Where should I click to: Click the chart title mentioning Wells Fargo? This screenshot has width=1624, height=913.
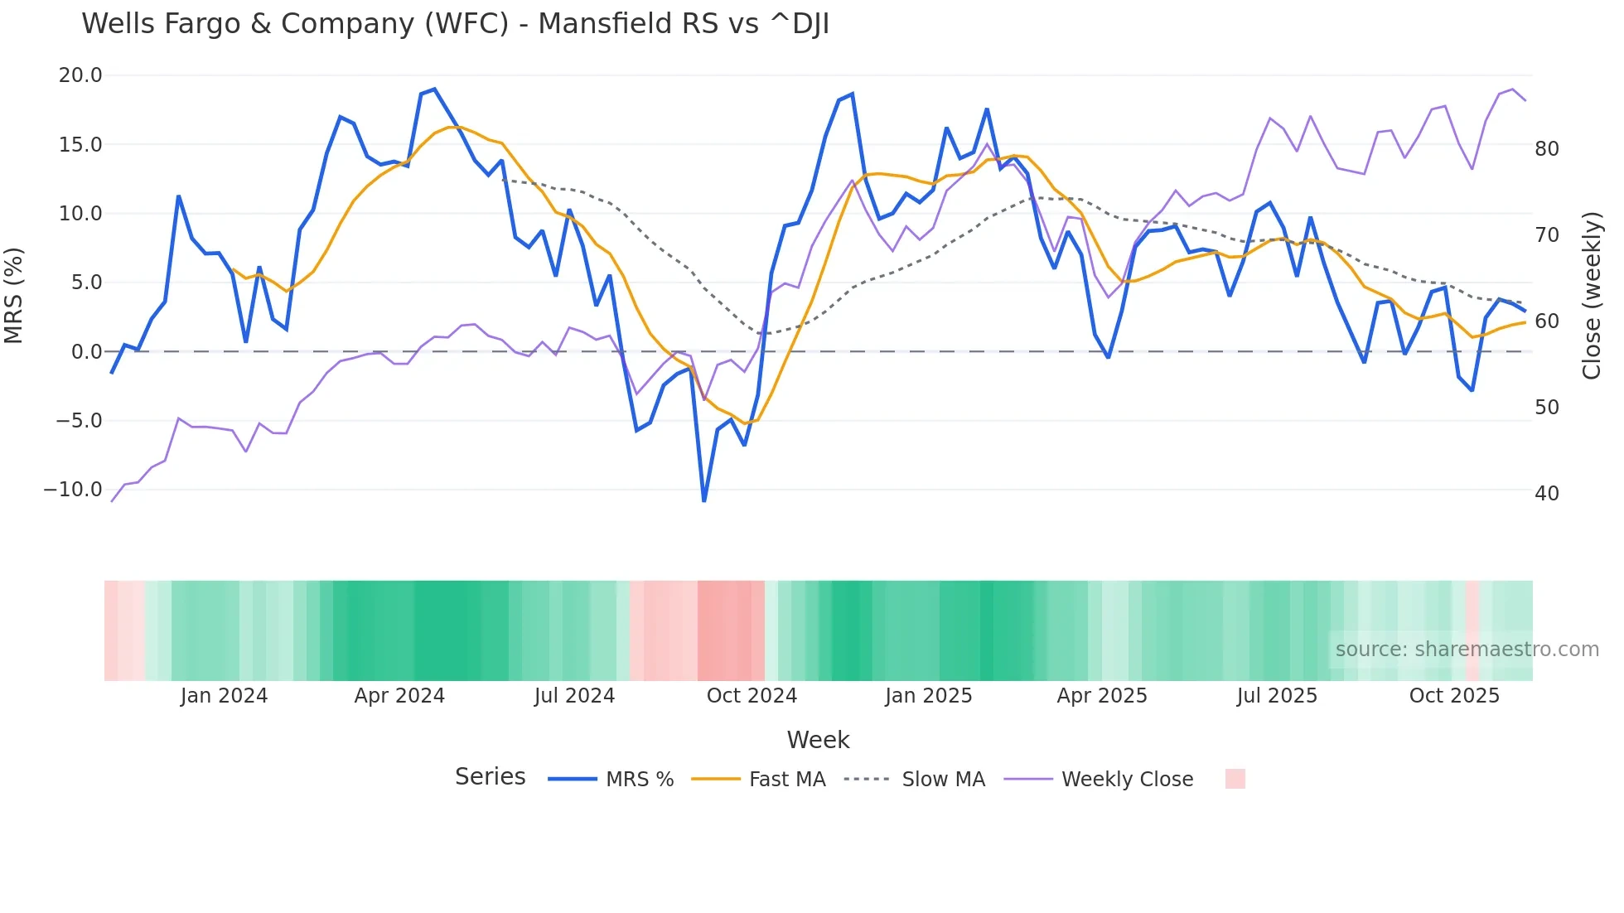click(455, 24)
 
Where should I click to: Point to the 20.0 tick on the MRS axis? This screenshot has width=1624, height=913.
click(80, 75)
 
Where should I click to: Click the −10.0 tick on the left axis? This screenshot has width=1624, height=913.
click(73, 490)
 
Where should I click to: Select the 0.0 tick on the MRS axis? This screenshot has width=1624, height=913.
click(87, 352)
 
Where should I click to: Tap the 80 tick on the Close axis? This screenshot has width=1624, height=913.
click(1547, 149)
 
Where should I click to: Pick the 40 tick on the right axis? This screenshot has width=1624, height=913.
click(1547, 494)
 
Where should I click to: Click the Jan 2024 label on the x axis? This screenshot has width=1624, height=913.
click(224, 696)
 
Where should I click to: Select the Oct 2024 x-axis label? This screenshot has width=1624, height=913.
click(752, 696)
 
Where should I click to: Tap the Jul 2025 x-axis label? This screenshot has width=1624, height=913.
click(1277, 696)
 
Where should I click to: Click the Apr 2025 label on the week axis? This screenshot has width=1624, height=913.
click(1102, 696)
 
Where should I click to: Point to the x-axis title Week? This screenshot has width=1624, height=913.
click(818, 740)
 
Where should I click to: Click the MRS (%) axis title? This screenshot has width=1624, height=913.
click(14, 296)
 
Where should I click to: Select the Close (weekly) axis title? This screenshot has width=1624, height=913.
click(1592, 296)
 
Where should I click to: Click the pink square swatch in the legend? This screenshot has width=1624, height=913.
click(1235, 779)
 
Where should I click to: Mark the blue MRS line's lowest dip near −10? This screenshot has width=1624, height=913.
click(704, 500)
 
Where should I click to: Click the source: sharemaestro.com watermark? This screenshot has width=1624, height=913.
click(1467, 650)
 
